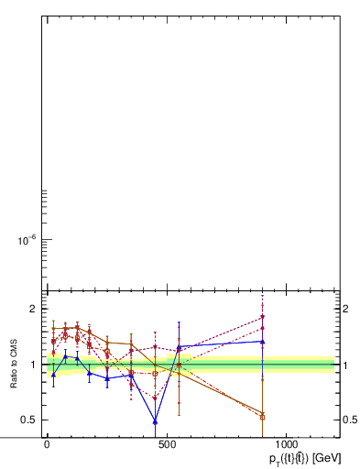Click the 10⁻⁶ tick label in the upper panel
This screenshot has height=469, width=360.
point(23,241)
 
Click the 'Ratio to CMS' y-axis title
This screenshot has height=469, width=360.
point(15,365)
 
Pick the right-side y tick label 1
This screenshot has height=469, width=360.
point(346,365)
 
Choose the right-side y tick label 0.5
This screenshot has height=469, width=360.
point(350,420)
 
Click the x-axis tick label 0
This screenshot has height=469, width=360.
point(47,442)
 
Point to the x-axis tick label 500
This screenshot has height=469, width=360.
point(167,442)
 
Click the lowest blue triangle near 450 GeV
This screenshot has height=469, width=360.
point(155,421)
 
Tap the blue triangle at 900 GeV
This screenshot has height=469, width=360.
point(263,342)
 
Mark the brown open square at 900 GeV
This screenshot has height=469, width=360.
point(263,417)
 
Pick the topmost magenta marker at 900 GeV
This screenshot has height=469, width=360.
point(263,317)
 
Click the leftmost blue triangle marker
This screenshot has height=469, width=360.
point(53,374)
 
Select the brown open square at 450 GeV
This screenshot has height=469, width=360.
point(155,374)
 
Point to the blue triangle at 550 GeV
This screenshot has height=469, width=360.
point(179,347)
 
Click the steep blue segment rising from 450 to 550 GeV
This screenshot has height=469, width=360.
point(167,385)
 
